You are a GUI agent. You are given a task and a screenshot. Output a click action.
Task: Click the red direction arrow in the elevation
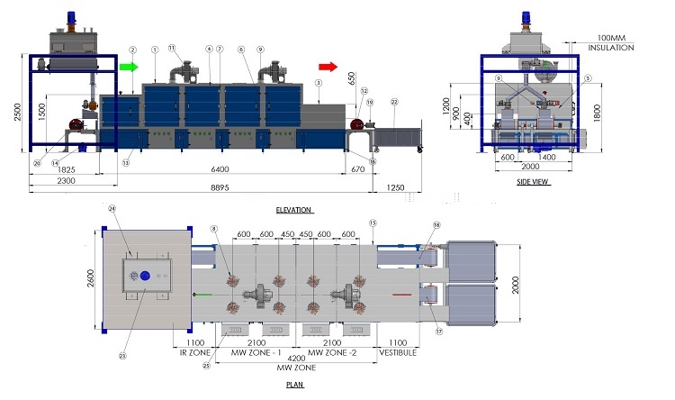(328, 66)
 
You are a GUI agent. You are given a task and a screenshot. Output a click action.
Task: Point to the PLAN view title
(294, 385)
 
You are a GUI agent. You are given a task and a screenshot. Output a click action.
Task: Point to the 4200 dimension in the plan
(297, 358)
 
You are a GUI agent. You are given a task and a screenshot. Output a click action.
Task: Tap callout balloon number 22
(394, 103)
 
